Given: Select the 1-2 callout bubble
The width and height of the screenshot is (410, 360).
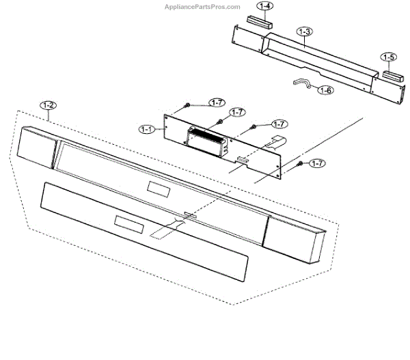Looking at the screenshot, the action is click(49, 105).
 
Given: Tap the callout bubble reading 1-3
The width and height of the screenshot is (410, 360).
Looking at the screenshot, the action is click(305, 31).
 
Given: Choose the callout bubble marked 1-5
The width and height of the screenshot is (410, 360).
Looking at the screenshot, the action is click(389, 57).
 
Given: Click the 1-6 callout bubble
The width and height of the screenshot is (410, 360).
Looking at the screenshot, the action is click(327, 90).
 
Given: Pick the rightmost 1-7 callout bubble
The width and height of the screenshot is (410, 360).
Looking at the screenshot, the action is click(316, 163).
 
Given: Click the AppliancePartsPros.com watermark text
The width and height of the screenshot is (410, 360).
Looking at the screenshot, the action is click(202, 8).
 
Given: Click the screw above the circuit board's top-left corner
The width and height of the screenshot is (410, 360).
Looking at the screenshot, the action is click(186, 106).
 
